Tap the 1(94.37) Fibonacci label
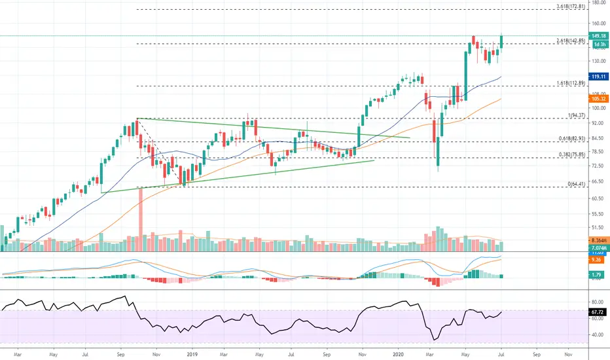point(577,115)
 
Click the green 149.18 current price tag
point(600,36)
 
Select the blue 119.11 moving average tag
point(600,77)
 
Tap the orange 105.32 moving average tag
point(600,99)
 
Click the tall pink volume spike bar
point(140,219)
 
